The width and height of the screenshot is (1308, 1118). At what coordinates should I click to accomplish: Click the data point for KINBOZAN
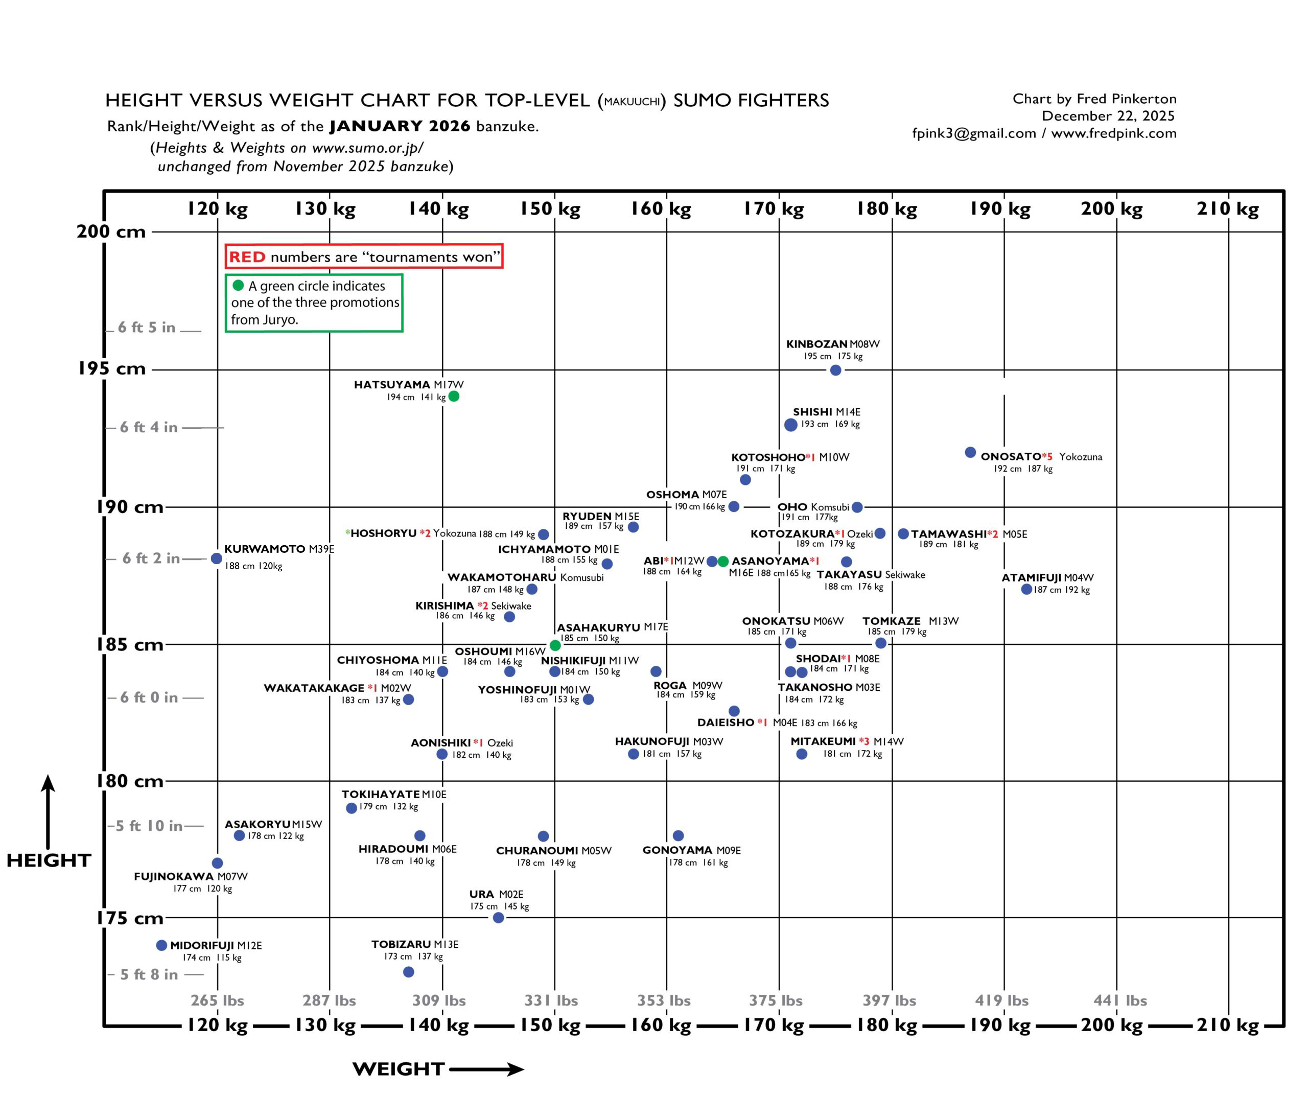click(835, 370)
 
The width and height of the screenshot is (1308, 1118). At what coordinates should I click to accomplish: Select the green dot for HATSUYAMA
click(453, 397)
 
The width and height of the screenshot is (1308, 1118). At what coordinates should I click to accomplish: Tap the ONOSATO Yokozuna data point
click(970, 452)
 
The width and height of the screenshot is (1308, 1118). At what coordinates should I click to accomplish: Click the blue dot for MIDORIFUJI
click(161, 945)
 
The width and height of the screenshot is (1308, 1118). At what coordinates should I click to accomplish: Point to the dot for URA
click(498, 917)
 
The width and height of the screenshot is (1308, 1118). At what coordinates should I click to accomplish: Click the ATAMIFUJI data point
click(1026, 589)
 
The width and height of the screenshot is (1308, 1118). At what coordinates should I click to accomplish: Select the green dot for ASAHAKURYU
click(555, 645)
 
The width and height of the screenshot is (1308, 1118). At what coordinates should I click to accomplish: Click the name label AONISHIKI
click(440, 743)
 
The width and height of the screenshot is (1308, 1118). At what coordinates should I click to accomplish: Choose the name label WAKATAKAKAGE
click(314, 688)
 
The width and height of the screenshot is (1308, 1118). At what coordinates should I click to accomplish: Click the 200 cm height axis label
click(111, 231)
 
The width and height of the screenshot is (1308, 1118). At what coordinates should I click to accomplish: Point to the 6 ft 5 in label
click(147, 327)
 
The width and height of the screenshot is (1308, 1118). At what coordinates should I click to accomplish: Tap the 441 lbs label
click(1120, 1000)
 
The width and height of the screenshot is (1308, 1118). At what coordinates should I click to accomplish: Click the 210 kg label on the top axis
click(1227, 209)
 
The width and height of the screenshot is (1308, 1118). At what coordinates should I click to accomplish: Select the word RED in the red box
click(247, 257)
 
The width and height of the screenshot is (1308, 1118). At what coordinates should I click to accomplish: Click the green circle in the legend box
click(238, 285)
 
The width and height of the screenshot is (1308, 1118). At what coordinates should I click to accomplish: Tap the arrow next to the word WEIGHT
click(486, 1069)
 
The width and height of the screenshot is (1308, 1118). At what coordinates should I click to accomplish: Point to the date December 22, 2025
click(1108, 116)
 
